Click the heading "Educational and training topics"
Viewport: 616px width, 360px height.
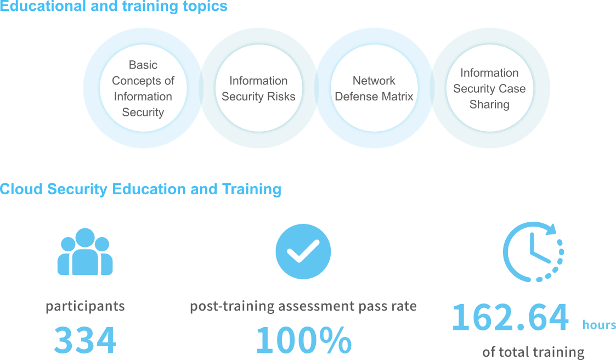click(114, 7)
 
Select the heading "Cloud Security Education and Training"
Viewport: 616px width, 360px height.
click(140, 189)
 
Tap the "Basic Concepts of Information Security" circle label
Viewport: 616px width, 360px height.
click(143, 88)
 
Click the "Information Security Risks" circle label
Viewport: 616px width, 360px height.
click(258, 89)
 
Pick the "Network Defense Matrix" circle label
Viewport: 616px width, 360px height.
click(374, 89)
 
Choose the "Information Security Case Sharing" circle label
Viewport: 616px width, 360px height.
click(489, 88)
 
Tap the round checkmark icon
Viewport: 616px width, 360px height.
click(303, 252)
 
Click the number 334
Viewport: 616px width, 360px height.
click(85, 340)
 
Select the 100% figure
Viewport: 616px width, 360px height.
click(303, 340)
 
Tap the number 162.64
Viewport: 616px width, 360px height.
click(510, 318)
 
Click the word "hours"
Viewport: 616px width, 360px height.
click(599, 325)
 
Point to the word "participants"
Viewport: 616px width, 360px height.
click(85, 306)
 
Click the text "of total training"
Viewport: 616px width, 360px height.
click(533, 352)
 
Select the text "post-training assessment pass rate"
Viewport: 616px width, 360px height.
click(303, 306)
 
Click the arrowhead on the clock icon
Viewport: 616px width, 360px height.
click(551, 228)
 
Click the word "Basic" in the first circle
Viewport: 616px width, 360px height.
click(143, 65)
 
